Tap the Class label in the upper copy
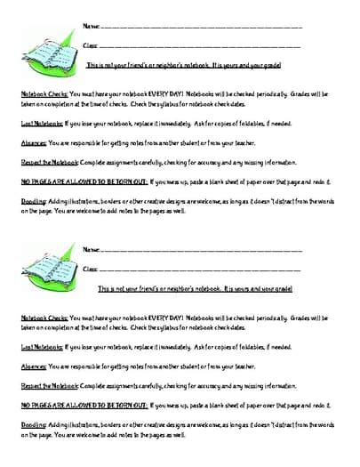click(90, 45)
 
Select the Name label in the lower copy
click(91, 250)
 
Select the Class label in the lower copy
click(90, 269)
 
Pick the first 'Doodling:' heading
click(34, 202)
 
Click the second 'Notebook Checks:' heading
click(43, 317)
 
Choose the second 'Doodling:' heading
click(34, 425)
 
